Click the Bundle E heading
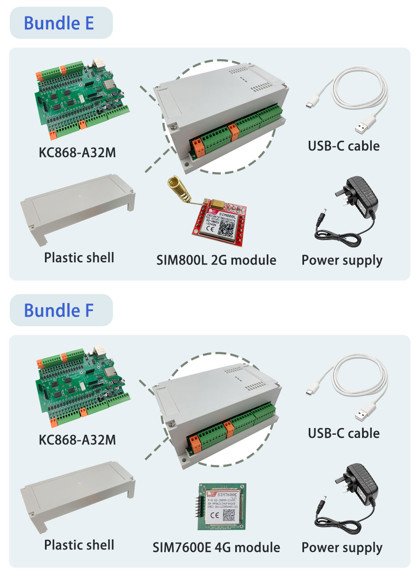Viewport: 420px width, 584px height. pos(59,23)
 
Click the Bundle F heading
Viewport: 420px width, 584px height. pos(59,310)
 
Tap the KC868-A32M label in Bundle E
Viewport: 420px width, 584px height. pos(77,152)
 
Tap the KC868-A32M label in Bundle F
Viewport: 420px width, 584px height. pos(77,440)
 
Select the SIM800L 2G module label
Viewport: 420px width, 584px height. pos(216,260)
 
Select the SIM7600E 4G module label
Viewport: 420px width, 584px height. pos(216,547)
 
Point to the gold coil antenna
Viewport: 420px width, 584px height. pos(179,189)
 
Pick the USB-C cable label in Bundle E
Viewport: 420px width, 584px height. pos(344,146)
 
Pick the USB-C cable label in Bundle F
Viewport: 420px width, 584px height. pos(344,433)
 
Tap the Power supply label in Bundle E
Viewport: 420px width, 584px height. pos(342,260)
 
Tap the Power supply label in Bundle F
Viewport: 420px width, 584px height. pos(342,547)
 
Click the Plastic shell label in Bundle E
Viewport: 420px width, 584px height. pos(79,257)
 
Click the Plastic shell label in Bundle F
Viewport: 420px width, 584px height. pos(79,545)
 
